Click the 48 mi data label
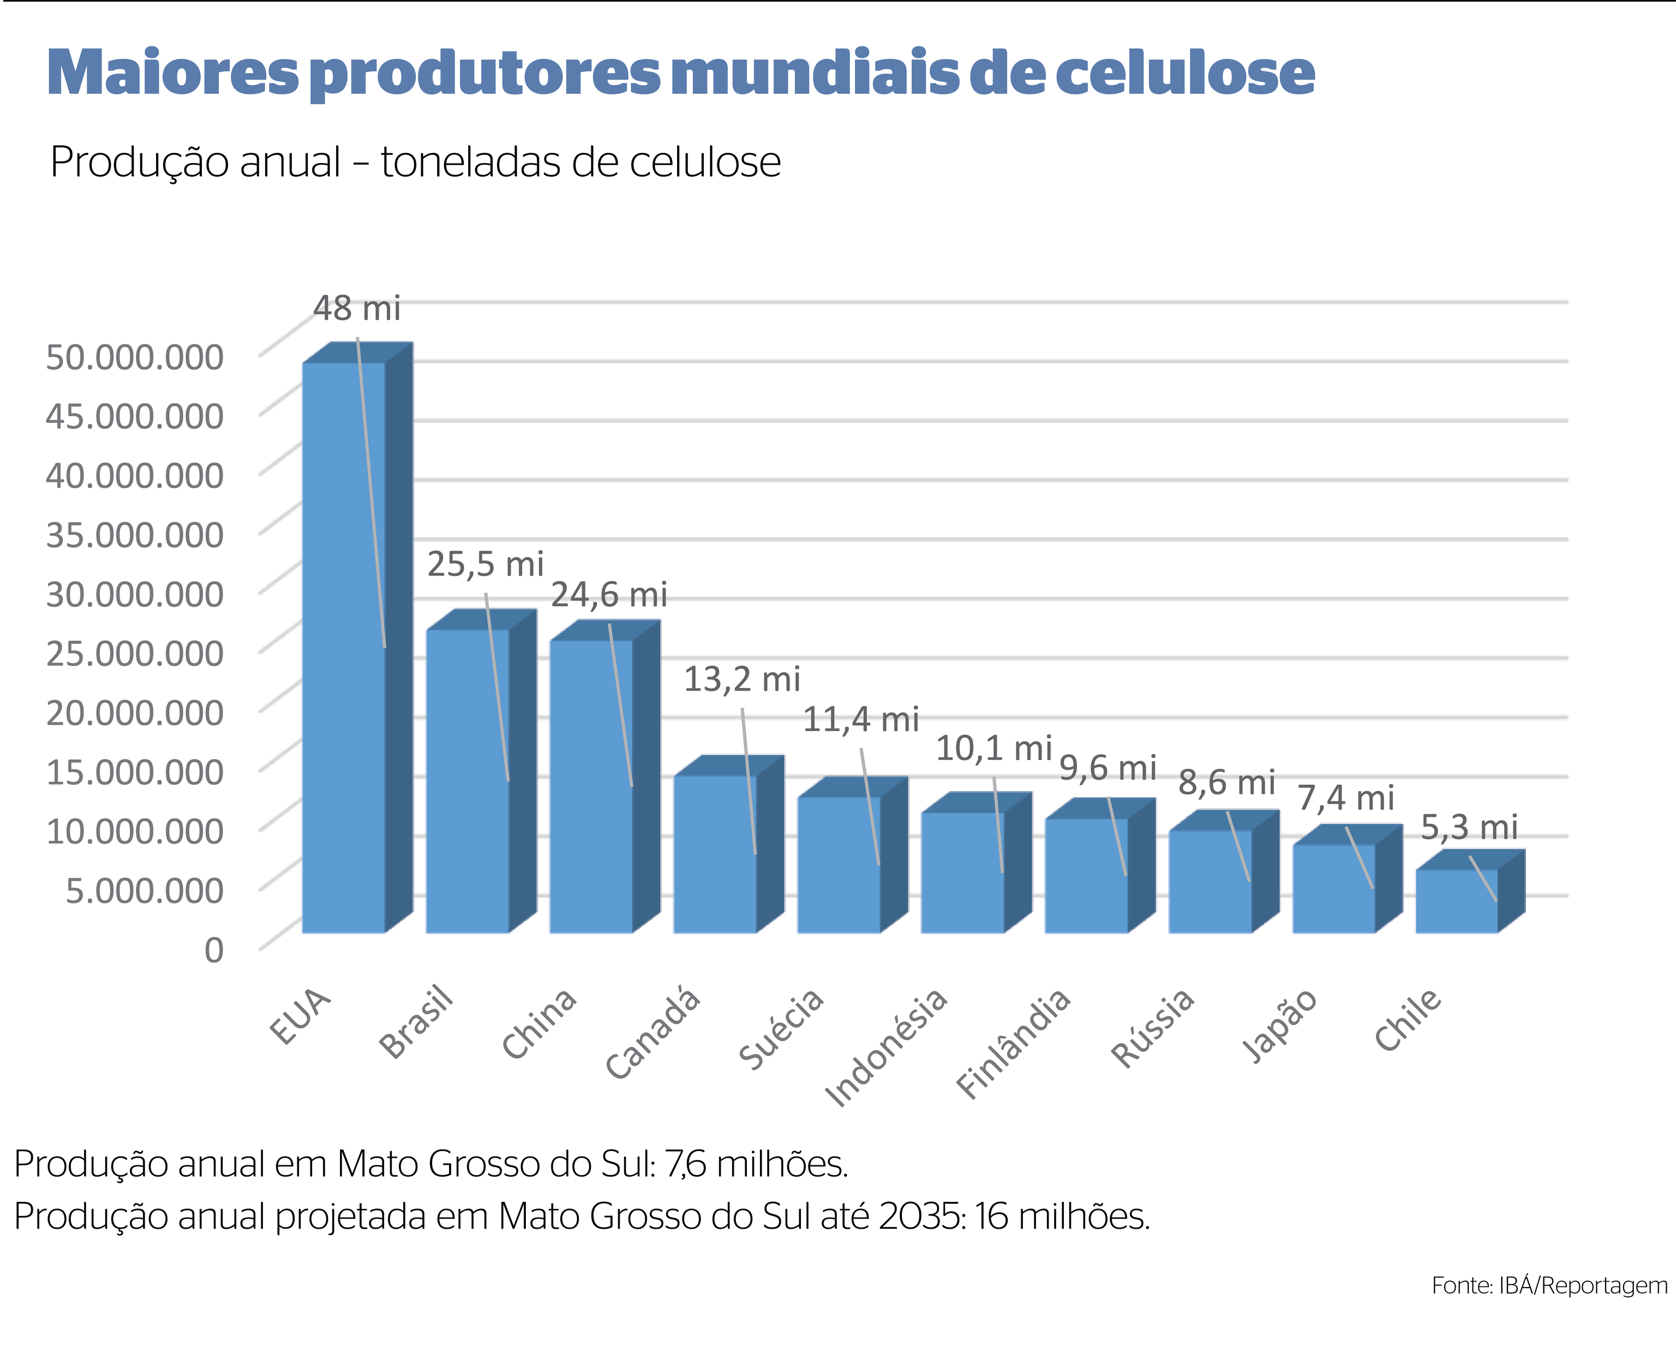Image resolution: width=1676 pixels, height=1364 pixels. point(357,309)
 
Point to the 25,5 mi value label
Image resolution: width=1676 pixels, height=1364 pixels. point(485,565)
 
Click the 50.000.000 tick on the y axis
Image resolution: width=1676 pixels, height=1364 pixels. point(134,357)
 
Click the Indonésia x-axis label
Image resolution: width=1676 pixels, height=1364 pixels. point(887,1048)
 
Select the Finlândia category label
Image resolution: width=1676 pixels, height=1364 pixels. point(1014,1043)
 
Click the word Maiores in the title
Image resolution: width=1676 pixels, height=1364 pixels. point(173,73)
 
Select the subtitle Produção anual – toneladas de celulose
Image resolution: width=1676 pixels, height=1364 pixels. point(415,163)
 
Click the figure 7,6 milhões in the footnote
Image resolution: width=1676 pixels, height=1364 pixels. point(756,1164)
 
